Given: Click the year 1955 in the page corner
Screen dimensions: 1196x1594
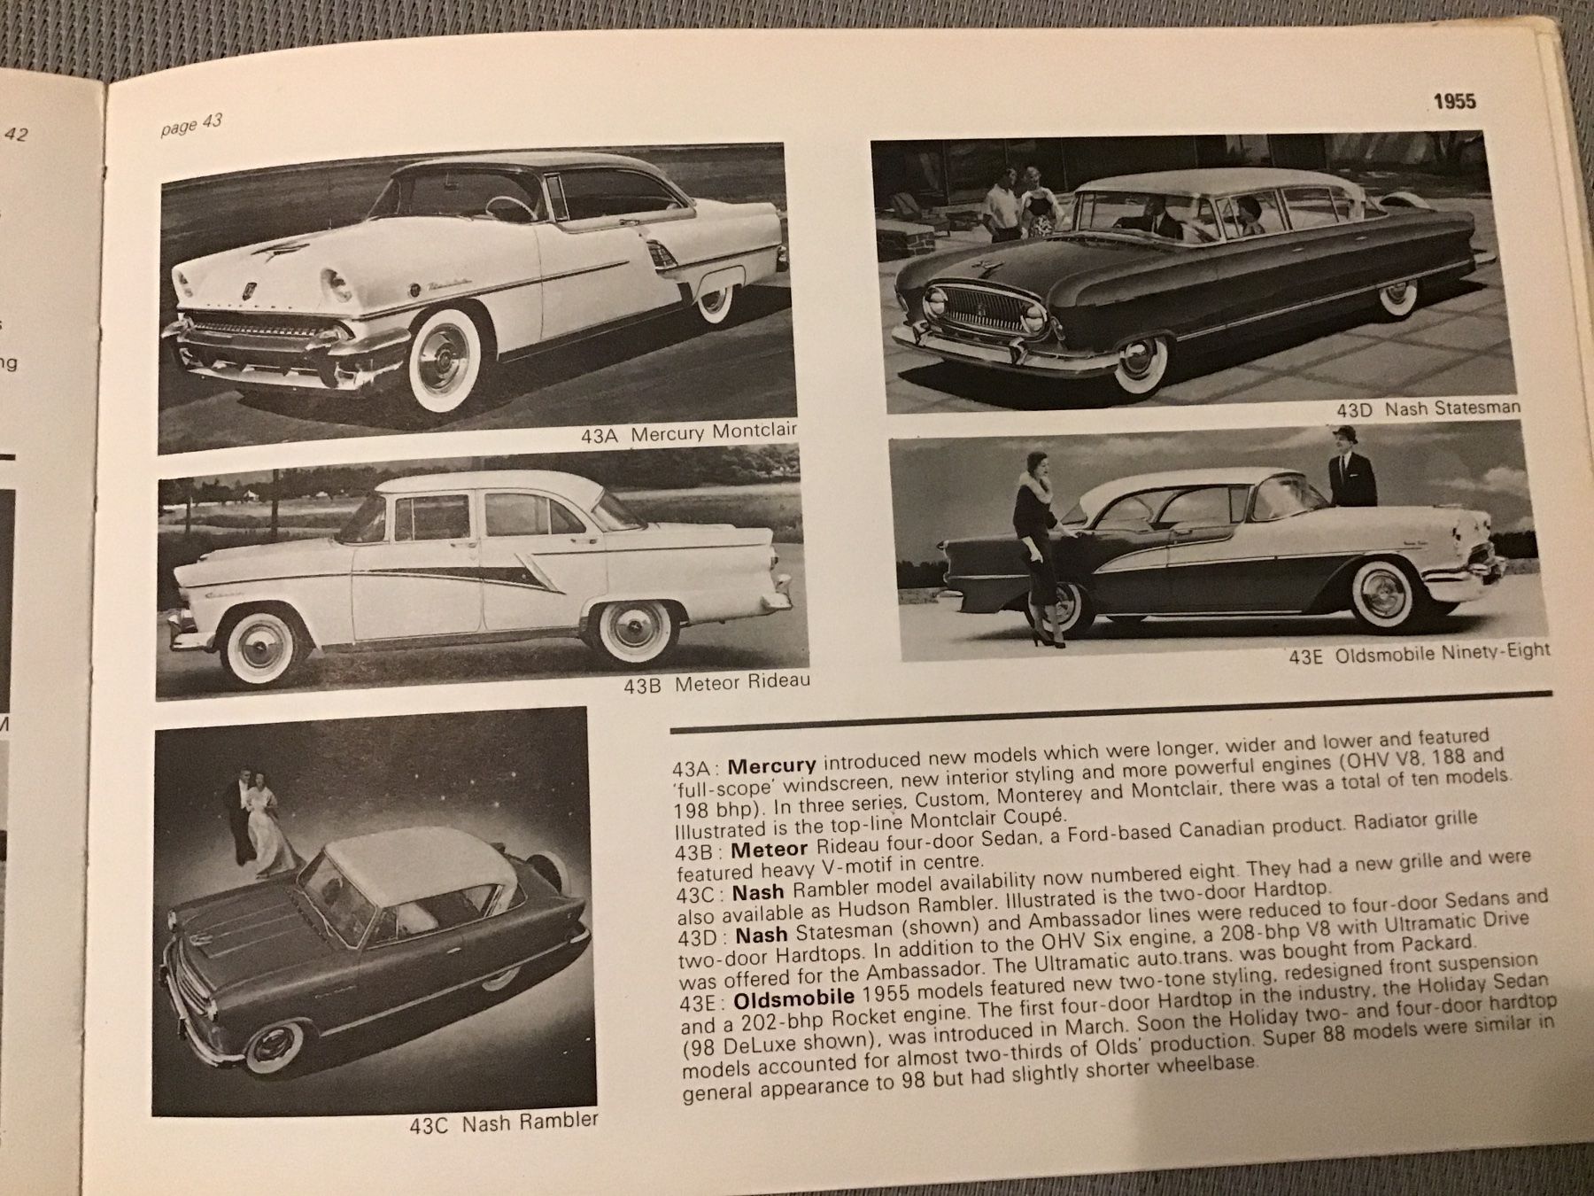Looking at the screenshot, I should (x=1454, y=101).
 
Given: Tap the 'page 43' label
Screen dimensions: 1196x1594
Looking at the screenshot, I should (x=190, y=125).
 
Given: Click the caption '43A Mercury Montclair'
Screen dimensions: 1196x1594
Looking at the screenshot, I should (x=689, y=433).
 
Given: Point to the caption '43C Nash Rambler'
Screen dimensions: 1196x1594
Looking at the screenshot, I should (x=503, y=1122).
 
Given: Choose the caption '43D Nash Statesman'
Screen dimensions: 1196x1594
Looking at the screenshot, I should (x=1428, y=408).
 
